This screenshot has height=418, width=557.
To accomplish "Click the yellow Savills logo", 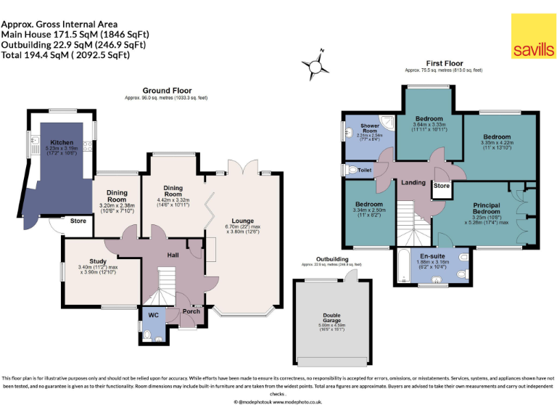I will tap(533, 36).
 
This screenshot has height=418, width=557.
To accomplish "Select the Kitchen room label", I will tap(61, 143).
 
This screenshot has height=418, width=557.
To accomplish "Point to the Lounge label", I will tap(242, 221).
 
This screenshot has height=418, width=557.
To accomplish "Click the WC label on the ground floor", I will tap(153, 315).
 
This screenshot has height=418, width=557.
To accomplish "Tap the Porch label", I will tap(191, 311).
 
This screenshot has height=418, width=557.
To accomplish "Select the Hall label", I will tap(173, 255).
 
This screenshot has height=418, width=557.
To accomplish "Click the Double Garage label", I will tap(331, 317).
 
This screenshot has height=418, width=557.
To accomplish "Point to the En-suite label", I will tap(432, 255).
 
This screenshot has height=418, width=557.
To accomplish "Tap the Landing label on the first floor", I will tap(413, 182).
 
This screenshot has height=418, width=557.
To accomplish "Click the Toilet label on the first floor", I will tap(364, 170).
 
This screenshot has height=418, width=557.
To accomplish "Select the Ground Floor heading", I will tap(166, 91).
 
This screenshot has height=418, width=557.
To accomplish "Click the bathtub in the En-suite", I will tap(408, 266).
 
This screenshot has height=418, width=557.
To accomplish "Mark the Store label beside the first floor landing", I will tap(441, 185).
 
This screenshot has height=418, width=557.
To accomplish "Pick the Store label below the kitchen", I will tap(78, 221).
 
